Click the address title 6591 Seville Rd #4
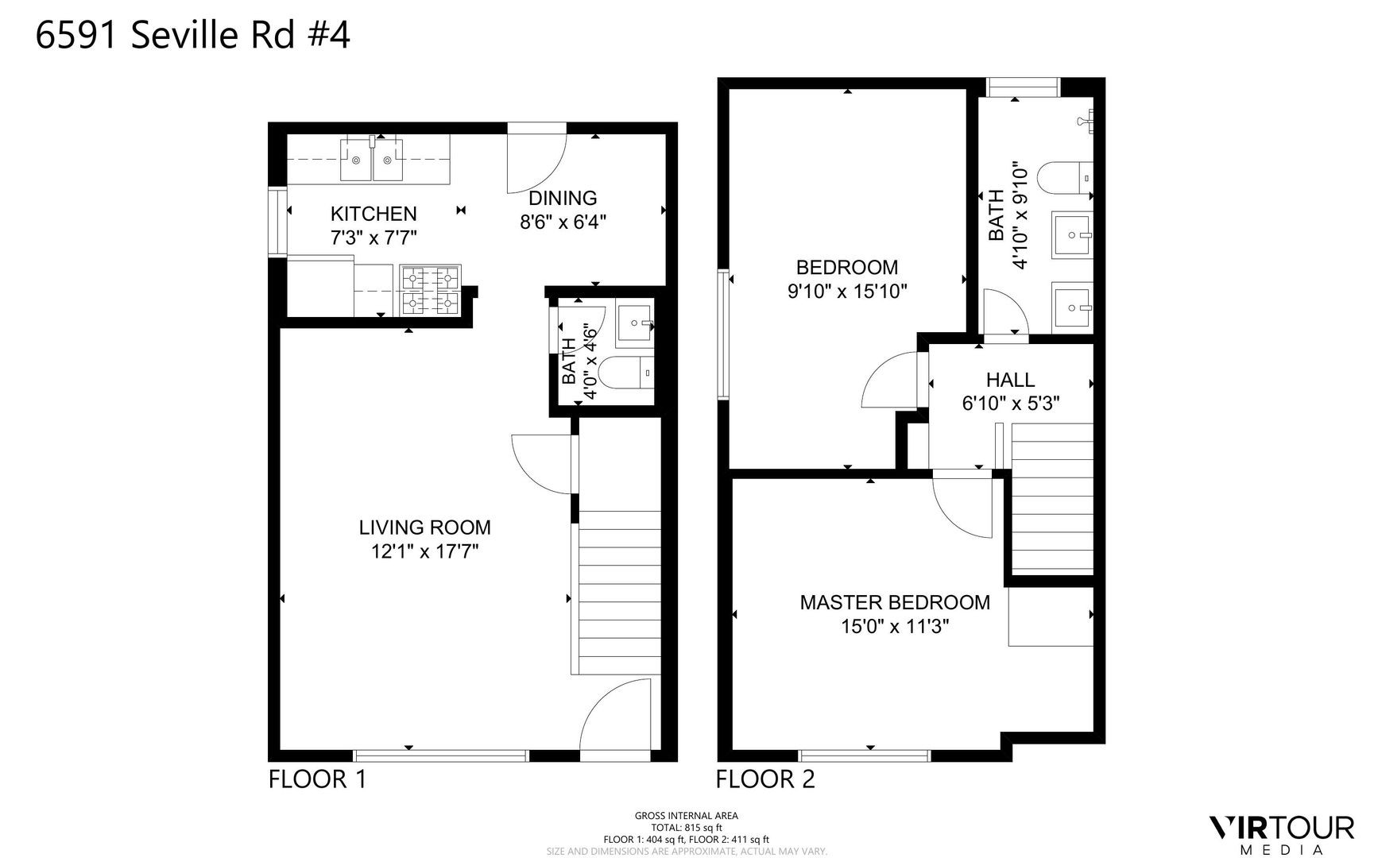(193, 36)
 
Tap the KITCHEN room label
(373, 214)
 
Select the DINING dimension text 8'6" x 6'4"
(563, 222)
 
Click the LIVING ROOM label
(425, 528)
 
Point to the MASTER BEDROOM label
(895, 603)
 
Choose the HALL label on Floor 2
(1011, 381)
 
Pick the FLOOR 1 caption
(317, 779)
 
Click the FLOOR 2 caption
(765, 779)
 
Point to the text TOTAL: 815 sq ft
(687, 827)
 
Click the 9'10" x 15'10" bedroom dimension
(847, 292)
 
